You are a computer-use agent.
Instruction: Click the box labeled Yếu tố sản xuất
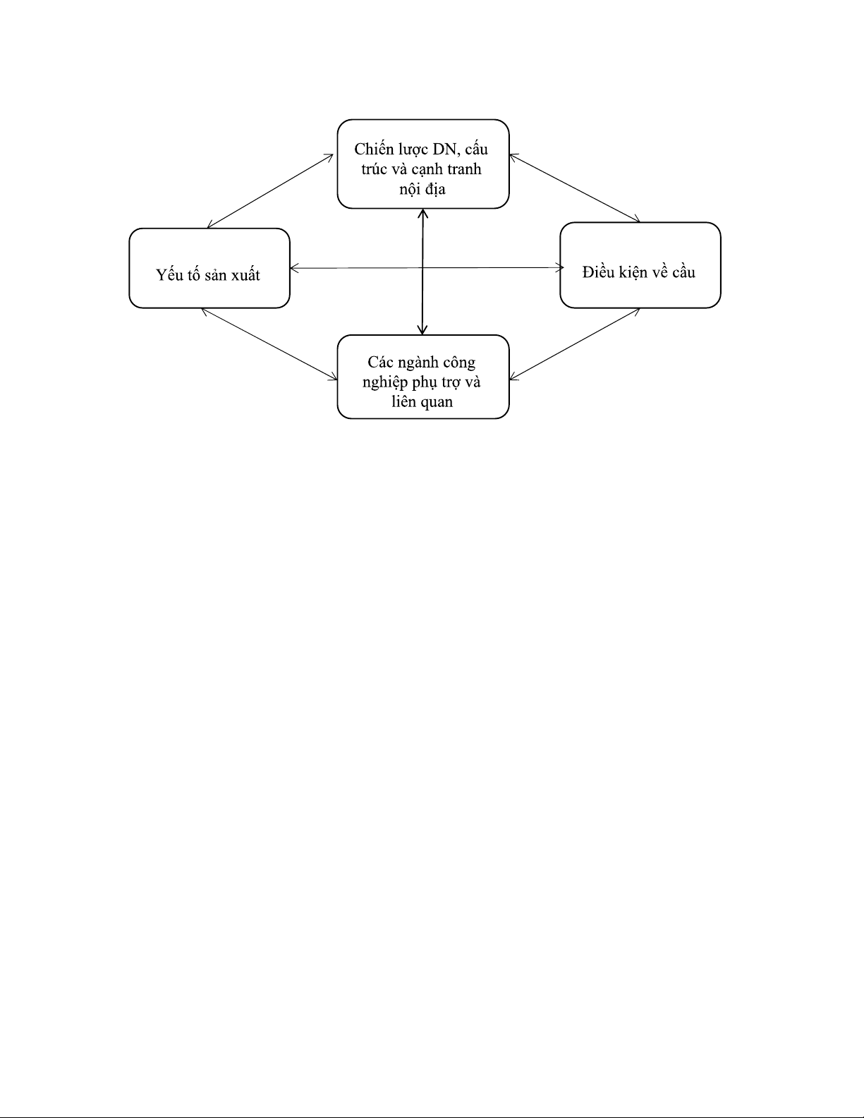coord(209,268)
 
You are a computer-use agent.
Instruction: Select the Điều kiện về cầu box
coord(640,265)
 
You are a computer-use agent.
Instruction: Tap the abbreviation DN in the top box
coord(444,150)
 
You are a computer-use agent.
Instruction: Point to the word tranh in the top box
coord(464,169)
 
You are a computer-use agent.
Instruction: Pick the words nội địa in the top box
coord(422,189)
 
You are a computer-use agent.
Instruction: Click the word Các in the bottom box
coord(379,363)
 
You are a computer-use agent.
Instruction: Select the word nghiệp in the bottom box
coord(385,383)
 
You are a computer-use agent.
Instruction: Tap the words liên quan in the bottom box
coord(422,402)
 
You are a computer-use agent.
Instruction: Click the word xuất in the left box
coord(246,275)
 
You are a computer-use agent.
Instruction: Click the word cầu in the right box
coord(683,272)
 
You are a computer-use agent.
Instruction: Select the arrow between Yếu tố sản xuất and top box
coord(270,191)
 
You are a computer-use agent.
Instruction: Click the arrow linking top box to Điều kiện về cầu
coord(574,188)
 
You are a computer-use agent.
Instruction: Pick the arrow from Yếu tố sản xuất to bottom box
coord(269,344)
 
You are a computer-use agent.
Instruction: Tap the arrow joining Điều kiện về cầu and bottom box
coord(574,344)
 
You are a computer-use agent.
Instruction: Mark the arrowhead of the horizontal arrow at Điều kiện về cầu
coord(560,267)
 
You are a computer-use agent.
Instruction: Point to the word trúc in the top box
coord(374,169)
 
